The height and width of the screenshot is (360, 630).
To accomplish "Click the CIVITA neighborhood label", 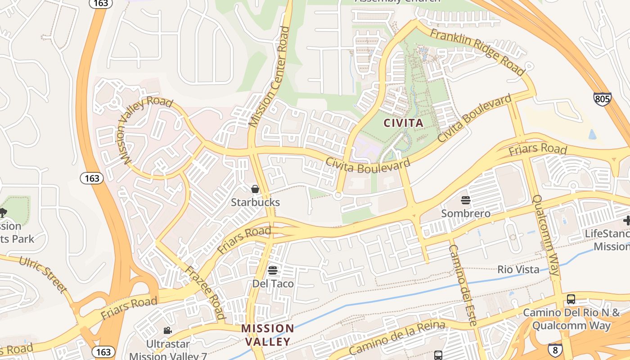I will pyautogui.click(x=403, y=122).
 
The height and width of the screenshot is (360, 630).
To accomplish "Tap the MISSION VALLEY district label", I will pyautogui.click(x=268, y=335).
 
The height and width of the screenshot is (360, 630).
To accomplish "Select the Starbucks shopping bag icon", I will pyautogui.click(x=255, y=189).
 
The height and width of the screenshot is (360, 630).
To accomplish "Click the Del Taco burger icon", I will pyautogui.click(x=273, y=270).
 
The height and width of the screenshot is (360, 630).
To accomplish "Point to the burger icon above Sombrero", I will pyautogui.click(x=465, y=200).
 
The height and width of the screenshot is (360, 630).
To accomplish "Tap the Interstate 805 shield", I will pyautogui.click(x=602, y=99).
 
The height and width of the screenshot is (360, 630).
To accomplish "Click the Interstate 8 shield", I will pyautogui.click(x=555, y=350).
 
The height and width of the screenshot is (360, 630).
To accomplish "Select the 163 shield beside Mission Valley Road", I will pyautogui.click(x=92, y=178).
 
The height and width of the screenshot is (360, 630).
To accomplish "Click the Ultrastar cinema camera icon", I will pyautogui.click(x=167, y=331).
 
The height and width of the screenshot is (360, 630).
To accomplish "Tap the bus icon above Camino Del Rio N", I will pyautogui.click(x=571, y=299).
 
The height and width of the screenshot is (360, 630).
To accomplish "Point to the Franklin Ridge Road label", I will pyautogui.click(x=477, y=52).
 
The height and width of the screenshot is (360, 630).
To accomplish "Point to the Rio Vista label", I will pyautogui.click(x=518, y=270).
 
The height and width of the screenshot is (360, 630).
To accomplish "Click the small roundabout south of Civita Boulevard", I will pyautogui.click(x=338, y=195).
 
